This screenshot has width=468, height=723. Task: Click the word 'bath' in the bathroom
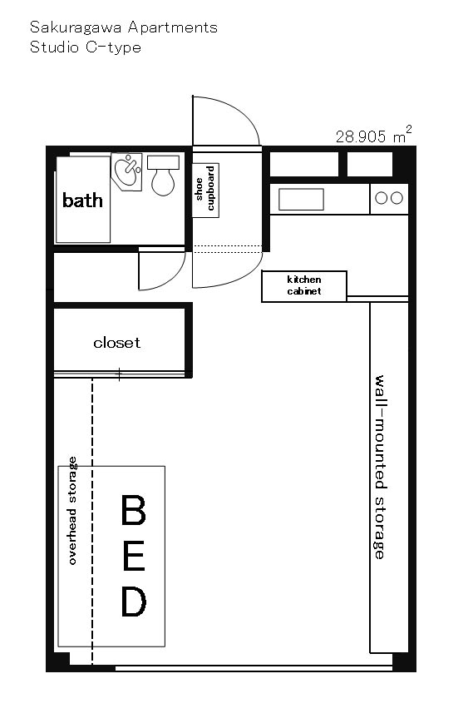point(82,201)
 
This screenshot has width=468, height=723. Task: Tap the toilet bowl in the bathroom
point(163,181)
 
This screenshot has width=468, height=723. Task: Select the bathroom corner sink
point(126,171)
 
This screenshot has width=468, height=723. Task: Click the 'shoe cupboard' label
point(205,189)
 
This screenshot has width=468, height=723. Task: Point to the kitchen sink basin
point(301,200)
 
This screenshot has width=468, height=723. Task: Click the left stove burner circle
point(381,198)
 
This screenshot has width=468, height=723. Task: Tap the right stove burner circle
point(397,198)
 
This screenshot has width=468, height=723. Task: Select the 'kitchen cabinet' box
point(304,286)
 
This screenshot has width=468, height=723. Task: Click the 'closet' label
point(116,343)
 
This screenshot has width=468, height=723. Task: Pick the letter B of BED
point(133,510)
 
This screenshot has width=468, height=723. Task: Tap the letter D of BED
point(134,602)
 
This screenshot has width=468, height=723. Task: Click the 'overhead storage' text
point(72,511)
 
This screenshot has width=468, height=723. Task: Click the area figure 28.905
point(361,136)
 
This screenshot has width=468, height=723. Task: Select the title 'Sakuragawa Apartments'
point(124,27)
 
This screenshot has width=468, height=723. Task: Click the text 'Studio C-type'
point(86,47)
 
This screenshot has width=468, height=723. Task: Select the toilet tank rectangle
point(163,162)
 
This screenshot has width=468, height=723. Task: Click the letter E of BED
point(134,556)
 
